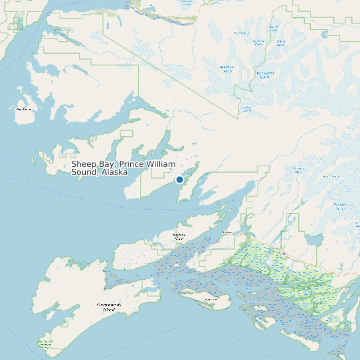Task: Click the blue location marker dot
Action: tap(179, 179)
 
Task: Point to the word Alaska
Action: tap(114, 172)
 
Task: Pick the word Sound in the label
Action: tap(84, 172)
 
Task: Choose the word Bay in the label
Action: tap(107, 163)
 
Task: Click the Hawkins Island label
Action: tap(178, 236)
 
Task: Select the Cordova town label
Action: tap(226, 232)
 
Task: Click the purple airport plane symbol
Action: tap(284, 252)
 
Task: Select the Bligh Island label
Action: tap(23, 108)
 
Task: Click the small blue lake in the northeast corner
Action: tap(324, 34)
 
